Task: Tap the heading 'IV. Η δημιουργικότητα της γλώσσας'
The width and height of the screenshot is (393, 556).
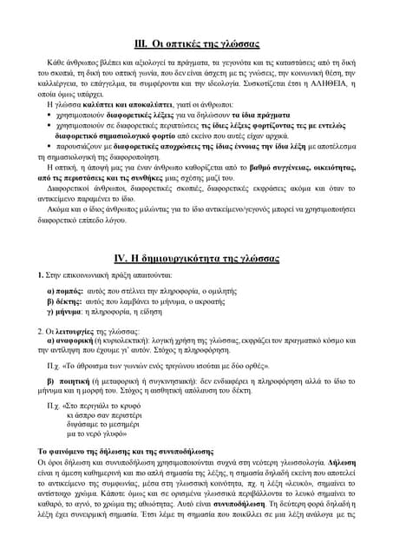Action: tap(196, 258)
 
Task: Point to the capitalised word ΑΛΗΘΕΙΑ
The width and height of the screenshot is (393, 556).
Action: tap(344, 94)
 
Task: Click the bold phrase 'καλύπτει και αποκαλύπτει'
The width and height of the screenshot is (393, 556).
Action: tap(122, 115)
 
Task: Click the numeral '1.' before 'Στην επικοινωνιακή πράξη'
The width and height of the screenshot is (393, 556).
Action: tap(30, 275)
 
